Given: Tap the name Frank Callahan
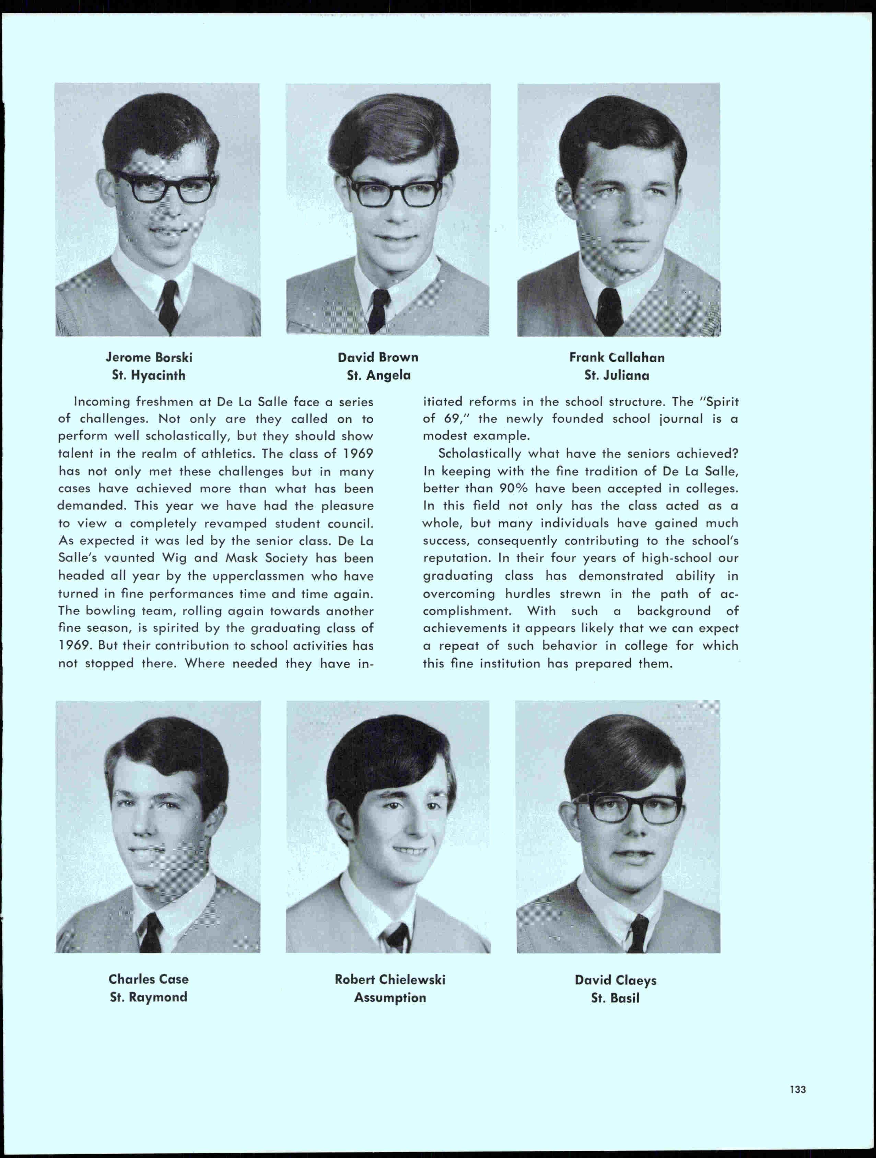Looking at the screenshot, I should point(617,358).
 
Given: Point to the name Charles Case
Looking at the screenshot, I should point(148,979).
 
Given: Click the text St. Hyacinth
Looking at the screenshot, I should point(148,375).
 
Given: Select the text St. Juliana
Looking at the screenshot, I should point(617,375).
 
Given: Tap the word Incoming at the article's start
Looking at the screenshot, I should point(102,402).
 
